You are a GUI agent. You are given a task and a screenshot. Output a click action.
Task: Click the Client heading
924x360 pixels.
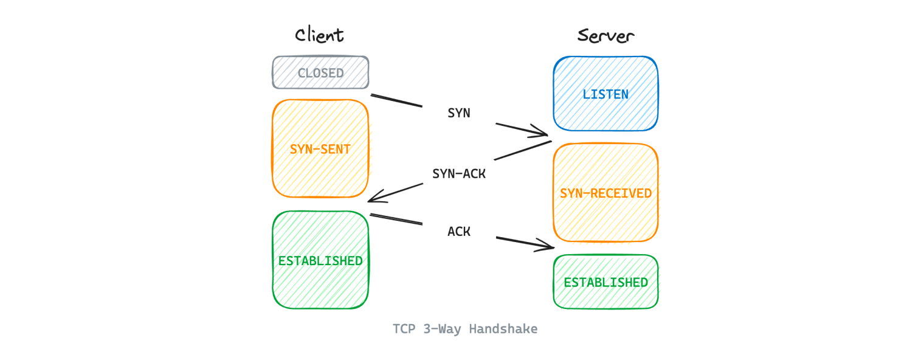tap(320, 35)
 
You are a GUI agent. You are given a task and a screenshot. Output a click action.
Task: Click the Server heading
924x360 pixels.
tap(605, 36)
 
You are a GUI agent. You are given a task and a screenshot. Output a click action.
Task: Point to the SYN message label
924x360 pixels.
tap(459, 113)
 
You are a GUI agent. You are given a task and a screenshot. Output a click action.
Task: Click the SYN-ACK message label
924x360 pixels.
tap(459, 173)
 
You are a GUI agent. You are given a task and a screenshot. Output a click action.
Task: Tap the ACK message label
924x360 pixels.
tap(459, 232)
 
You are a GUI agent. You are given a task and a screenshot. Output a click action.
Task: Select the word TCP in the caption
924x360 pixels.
tap(404, 329)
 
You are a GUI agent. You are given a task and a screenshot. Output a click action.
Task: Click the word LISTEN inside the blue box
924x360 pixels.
tap(605, 94)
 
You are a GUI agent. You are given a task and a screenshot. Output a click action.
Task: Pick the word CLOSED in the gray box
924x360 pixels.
tap(320, 74)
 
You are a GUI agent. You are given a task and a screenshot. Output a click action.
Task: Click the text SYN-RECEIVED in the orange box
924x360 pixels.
tap(605, 193)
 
